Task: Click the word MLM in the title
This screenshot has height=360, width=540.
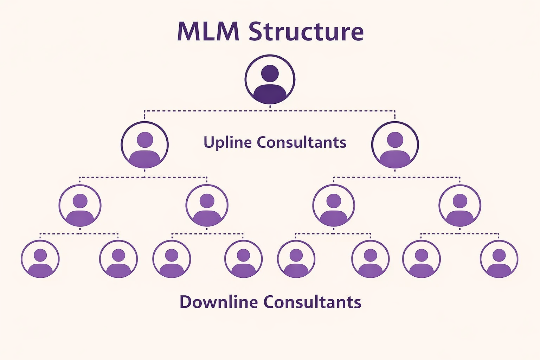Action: pyautogui.click(x=208, y=32)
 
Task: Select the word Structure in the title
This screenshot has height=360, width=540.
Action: pyautogui.click(x=306, y=32)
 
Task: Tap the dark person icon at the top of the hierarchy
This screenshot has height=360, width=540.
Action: pyautogui.click(x=270, y=79)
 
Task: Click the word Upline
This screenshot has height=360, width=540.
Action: pyautogui.click(x=227, y=143)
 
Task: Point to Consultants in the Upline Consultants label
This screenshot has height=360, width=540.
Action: pyautogui.click(x=301, y=142)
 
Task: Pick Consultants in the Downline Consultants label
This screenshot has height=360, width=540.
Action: pyautogui.click(x=312, y=302)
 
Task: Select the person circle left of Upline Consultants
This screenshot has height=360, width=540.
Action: pyautogui.click(x=144, y=145)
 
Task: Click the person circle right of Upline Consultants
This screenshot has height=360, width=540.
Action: pyautogui.click(x=395, y=145)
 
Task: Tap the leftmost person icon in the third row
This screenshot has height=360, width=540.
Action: pyautogui.click(x=80, y=206)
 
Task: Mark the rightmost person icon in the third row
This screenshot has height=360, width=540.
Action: pyautogui.click(x=460, y=206)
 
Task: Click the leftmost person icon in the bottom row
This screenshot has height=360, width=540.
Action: pyautogui.click(x=40, y=259)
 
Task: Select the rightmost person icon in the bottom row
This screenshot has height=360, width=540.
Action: pyautogui.click(x=499, y=259)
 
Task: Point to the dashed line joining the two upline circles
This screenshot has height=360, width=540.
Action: pyautogui.click(x=270, y=111)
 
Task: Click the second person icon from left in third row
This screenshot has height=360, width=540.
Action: pyautogui.click(x=207, y=206)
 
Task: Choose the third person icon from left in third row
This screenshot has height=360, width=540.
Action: pyautogui.click(x=334, y=206)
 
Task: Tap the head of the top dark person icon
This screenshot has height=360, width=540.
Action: pyautogui.click(x=270, y=73)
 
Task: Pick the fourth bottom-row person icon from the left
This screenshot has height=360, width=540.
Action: pyautogui.click(x=243, y=259)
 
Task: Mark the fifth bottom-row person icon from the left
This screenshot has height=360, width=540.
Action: pyautogui.click(x=296, y=259)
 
